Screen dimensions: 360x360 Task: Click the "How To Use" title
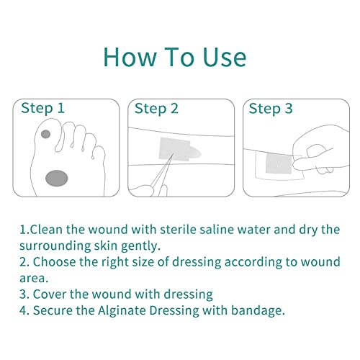pyautogui.click(x=175, y=57)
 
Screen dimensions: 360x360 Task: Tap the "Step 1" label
pyautogui.click(x=42, y=108)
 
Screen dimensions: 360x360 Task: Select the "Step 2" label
pyautogui.click(x=156, y=109)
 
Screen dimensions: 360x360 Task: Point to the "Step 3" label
pyautogui.click(x=271, y=109)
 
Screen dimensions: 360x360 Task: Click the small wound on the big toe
pyautogui.click(x=45, y=134)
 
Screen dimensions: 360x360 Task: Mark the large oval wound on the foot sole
pyautogui.click(x=57, y=178)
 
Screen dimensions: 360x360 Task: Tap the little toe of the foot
pyautogui.click(x=99, y=153)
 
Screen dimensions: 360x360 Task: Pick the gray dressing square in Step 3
pyautogui.click(x=279, y=164)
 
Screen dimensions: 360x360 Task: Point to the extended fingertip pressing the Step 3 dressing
pyautogui.click(x=296, y=165)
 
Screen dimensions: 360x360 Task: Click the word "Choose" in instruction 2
pyautogui.click(x=54, y=261)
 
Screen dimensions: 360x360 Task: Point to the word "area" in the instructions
pyautogui.click(x=34, y=279)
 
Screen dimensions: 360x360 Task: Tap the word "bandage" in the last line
pyautogui.click(x=258, y=310)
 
